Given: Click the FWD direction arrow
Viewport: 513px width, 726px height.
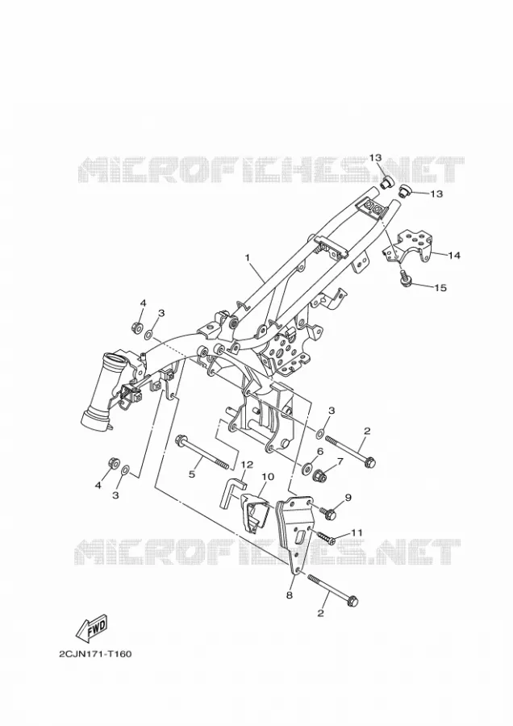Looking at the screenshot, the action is (x=92, y=629).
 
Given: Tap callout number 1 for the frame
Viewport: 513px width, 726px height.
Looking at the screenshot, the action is (x=248, y=257).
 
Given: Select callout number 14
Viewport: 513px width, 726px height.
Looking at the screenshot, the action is (x=454, y=255).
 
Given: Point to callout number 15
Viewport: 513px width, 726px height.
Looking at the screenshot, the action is (x=440, y=288).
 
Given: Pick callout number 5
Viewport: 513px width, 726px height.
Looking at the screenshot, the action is (x=192, y=474).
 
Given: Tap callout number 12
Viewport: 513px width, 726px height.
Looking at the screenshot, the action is (x=246, y=465).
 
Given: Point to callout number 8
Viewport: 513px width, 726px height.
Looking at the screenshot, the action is (x=290, y=595).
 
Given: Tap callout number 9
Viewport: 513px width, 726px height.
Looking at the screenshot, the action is (x=348, y=498).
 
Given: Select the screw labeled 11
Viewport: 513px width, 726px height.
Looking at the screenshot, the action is (x=326, y=537).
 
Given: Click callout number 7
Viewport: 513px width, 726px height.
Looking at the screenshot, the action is (x=340, y=461).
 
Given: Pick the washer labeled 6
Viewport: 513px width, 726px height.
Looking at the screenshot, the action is (x=307, y=468).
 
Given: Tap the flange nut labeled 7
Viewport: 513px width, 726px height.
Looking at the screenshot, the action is (x=321, y=474).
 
